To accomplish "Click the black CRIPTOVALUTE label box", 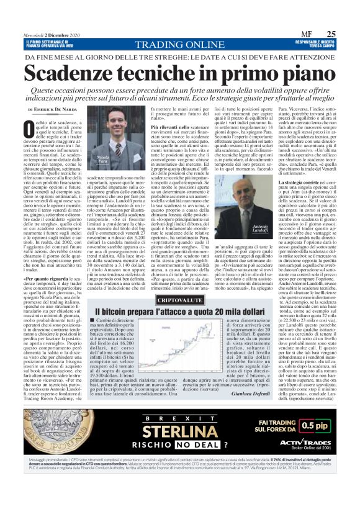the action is point(178,300).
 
